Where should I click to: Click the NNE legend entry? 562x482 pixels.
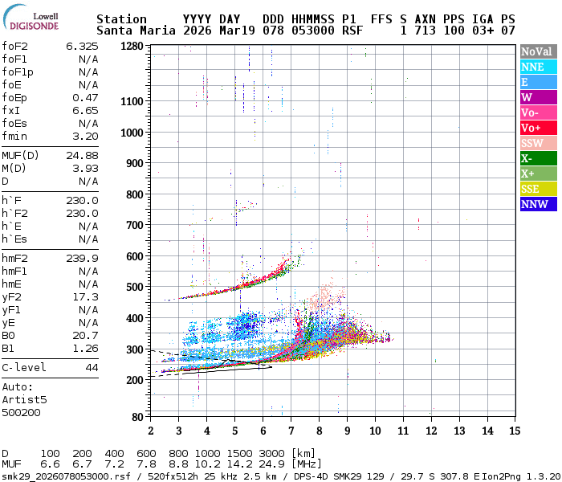537,67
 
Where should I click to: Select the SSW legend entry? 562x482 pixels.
537,143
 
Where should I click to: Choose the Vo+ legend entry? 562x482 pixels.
537,128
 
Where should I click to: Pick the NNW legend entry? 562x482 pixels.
537,204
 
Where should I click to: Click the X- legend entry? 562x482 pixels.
537,158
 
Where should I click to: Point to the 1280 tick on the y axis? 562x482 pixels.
132,47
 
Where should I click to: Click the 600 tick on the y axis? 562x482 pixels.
135,256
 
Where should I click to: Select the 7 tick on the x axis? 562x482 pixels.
291,431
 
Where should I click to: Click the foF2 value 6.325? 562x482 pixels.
83,47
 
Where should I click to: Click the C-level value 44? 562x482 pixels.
92,367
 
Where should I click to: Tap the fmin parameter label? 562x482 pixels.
15,137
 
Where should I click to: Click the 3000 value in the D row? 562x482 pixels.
273,454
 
